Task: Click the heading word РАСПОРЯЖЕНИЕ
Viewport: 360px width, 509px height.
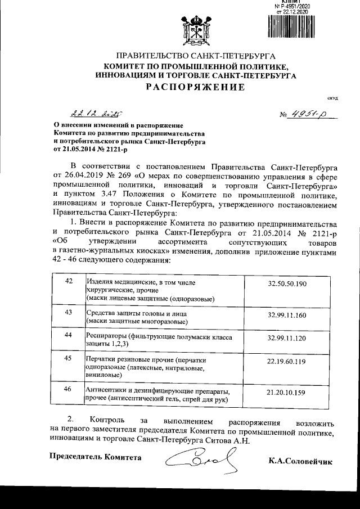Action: tap(195, 87)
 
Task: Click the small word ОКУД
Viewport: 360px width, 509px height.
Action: tap(332, 99)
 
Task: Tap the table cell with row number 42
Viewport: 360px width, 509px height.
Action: tap(68, 282)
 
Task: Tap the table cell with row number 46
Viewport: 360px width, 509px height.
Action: tap(68, 389)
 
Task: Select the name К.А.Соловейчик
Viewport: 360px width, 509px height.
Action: tap(301, 462)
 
